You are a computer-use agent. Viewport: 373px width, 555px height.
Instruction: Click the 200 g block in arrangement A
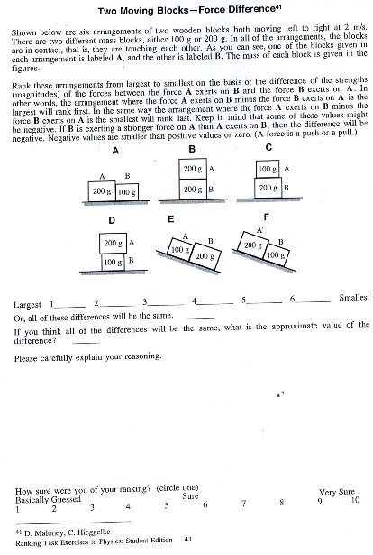(102, 192)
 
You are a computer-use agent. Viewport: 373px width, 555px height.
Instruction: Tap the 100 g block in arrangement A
(127, 192)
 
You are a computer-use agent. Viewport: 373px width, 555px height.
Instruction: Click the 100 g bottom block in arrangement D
(113, 262)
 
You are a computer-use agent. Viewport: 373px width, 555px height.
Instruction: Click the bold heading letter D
(110, 219)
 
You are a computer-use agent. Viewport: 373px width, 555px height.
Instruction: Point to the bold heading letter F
(267, 218)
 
